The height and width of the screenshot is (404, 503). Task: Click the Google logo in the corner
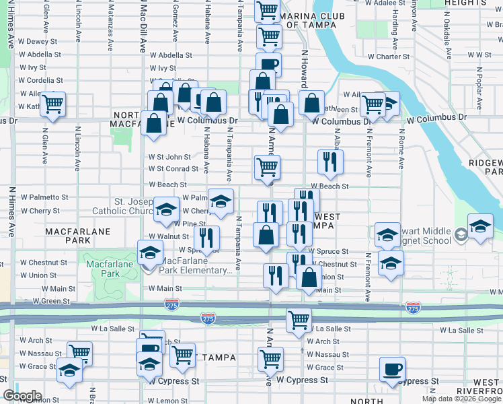[x=22, y=395]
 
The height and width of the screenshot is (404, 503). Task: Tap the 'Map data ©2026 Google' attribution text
[x=461, y=399]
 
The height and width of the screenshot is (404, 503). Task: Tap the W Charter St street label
[x=379, y=57]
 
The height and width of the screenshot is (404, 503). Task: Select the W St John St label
[x=170, y=157]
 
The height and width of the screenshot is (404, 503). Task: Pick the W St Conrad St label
[x=173, y=169]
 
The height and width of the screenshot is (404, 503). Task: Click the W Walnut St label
[x=169, y=236]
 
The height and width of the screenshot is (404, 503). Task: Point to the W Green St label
[x=52, y=301]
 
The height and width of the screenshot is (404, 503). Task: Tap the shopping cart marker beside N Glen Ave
[x=52, y=104]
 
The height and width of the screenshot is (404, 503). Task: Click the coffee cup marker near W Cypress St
[x=392, y=369]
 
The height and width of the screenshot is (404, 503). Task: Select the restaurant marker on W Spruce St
[x=206, y=238]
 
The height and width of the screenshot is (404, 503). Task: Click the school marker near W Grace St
[x=69, y=370]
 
